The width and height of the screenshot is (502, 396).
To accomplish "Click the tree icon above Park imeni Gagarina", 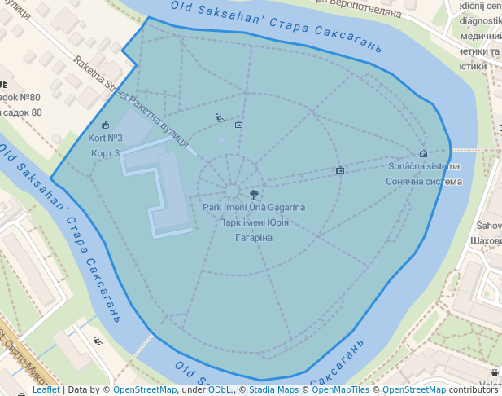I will point(255,195).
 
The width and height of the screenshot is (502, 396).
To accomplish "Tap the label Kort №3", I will point(105,139).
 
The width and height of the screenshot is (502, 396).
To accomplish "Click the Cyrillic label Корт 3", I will point(105,153).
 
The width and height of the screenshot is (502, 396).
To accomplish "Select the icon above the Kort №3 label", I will point(105,125).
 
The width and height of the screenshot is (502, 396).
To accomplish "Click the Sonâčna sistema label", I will point(423,167).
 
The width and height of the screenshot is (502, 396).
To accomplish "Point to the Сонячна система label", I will point(423,182).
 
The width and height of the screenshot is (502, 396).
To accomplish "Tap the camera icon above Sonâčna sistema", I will point(423,153).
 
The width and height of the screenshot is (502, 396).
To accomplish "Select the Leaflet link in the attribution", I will point(46,390).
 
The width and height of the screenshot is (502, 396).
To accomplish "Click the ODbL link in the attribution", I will point(220,390).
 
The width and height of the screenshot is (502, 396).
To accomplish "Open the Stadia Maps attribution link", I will point(273,390).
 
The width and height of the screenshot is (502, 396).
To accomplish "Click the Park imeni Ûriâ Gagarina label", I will point(254,208).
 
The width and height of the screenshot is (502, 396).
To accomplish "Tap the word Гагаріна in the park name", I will point(254,238).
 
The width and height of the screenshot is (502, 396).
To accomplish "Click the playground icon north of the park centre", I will point(219,117).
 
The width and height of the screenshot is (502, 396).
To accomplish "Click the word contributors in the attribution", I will point(474,390).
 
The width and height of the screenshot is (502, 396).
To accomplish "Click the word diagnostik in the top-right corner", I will point(480,21).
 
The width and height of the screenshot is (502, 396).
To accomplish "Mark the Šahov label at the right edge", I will point(488,226).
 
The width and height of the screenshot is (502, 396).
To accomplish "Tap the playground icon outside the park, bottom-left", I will point(98,340).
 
